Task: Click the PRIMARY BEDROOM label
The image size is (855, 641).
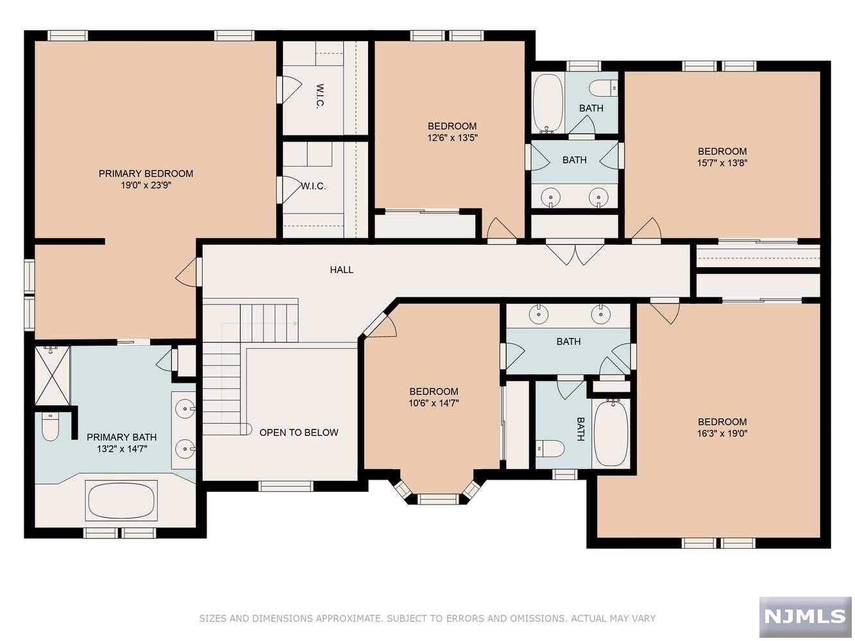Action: (146, 174)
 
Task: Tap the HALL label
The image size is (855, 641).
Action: (342, 270)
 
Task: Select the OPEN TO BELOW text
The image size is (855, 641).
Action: (299, 433)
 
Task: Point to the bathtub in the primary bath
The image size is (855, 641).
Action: (121, 501)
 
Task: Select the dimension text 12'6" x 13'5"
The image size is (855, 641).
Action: (452, 138)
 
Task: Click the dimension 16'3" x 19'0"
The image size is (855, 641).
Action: (723, 433)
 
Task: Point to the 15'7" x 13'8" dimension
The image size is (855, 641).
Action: (722, 163)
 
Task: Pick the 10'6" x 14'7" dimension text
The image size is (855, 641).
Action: (434, 403)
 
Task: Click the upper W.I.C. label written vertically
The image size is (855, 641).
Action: (321, 96)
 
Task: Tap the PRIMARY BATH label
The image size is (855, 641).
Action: (121, 437)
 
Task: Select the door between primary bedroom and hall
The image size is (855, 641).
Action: (189, 272)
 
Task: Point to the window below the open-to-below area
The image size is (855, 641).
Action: (286, 486)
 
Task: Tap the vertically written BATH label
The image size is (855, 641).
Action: (580, 429)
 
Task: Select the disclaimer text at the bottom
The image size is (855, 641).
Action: (427, 618)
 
